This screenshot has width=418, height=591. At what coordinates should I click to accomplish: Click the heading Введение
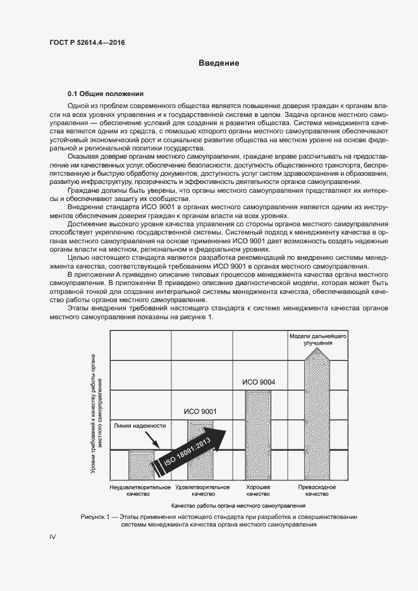click(218, 63)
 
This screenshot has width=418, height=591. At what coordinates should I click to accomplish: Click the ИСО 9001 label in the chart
click(200, 411)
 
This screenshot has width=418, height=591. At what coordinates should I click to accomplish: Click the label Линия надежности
click(140, 426)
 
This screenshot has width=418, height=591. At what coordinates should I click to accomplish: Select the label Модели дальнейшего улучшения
click(318, 341)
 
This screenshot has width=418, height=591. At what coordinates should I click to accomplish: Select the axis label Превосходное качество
click(317, 491)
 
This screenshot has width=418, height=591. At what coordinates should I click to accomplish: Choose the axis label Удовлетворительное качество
click(202, 491)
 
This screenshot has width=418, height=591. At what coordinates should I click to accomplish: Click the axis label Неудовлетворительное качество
click(140, 491)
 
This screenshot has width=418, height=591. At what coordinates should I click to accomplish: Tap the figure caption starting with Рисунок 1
click(219, 521)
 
